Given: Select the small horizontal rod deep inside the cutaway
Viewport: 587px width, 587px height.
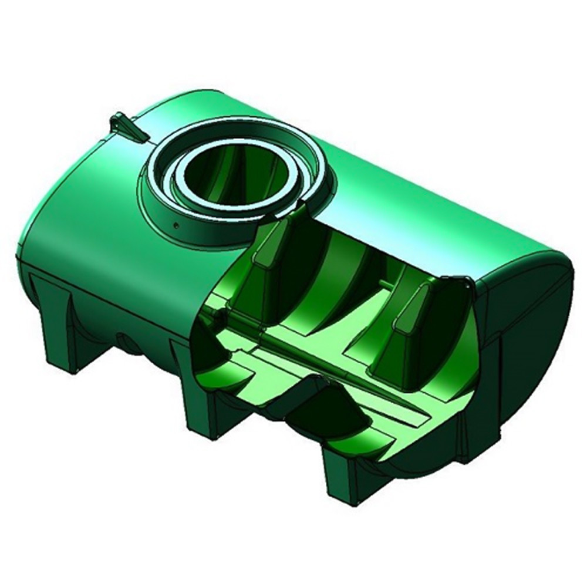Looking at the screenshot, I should point(390,286).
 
